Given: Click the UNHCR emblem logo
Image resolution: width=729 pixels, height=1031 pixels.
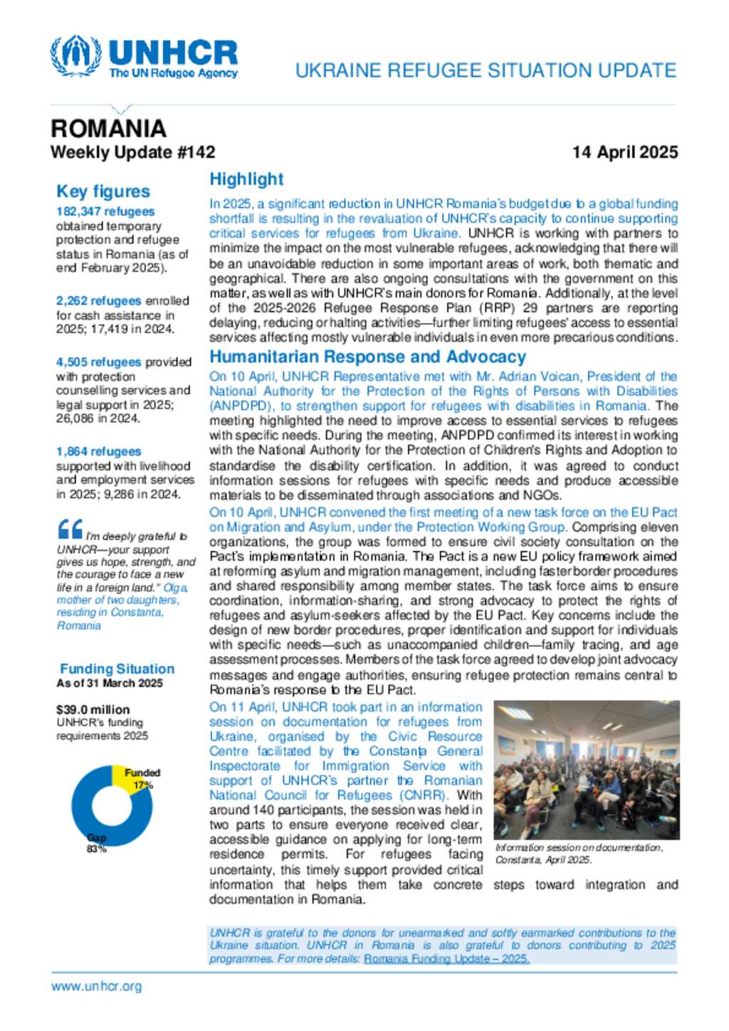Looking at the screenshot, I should pyautogui.click(x=75, y=55).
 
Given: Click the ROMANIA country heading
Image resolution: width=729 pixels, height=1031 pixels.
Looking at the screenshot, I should pyautogui.click(x=108, y=129).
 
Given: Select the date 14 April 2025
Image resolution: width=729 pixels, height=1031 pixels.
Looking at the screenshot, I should pyautogui.click(x=624, y=152).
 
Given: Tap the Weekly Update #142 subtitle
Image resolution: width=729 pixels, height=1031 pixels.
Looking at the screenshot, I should pyautogui.click(x=132, y=152).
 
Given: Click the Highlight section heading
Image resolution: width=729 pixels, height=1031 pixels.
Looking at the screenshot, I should pyautogui.click(x=246, y=179).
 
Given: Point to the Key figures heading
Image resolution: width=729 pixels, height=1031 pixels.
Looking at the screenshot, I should pyautogui.click(x=103, y=191).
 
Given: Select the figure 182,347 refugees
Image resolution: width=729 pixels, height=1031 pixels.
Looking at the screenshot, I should pyautogui.click(x=105, y=211).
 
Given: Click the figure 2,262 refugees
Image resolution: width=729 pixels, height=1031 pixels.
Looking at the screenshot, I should pyautogui.click(x=98, y=301).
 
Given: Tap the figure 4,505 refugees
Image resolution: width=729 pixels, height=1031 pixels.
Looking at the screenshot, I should pyautogui.click(x=98, y=362).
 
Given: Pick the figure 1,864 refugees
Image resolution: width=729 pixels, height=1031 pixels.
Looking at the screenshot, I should pyautogui.click(x=98, y=452).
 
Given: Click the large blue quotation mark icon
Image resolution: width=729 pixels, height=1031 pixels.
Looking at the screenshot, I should pyautogui.click(x=70, y=529).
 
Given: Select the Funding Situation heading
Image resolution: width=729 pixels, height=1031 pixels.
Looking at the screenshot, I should pyautogui.click(x=117, y=669).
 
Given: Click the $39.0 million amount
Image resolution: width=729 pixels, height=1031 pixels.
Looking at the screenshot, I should pyautogui.click(x=93, y=709).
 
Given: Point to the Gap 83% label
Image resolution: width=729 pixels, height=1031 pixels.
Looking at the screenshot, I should pyautogui.click(x=96, y=843).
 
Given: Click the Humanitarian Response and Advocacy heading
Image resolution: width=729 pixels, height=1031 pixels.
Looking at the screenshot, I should pyautogui.click(x=367, y=357).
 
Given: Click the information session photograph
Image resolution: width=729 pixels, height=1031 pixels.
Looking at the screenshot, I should pyautogui.click(x=586, y=770).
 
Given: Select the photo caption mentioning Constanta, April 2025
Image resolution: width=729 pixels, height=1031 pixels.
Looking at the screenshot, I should pyautogui.click(x=579, y=853).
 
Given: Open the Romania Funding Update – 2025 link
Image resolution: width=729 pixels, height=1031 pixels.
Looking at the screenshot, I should pyautogui.click(x=446, y=959).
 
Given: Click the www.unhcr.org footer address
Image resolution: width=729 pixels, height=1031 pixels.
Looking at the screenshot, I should pyautogui.click(x=96, y=986).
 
